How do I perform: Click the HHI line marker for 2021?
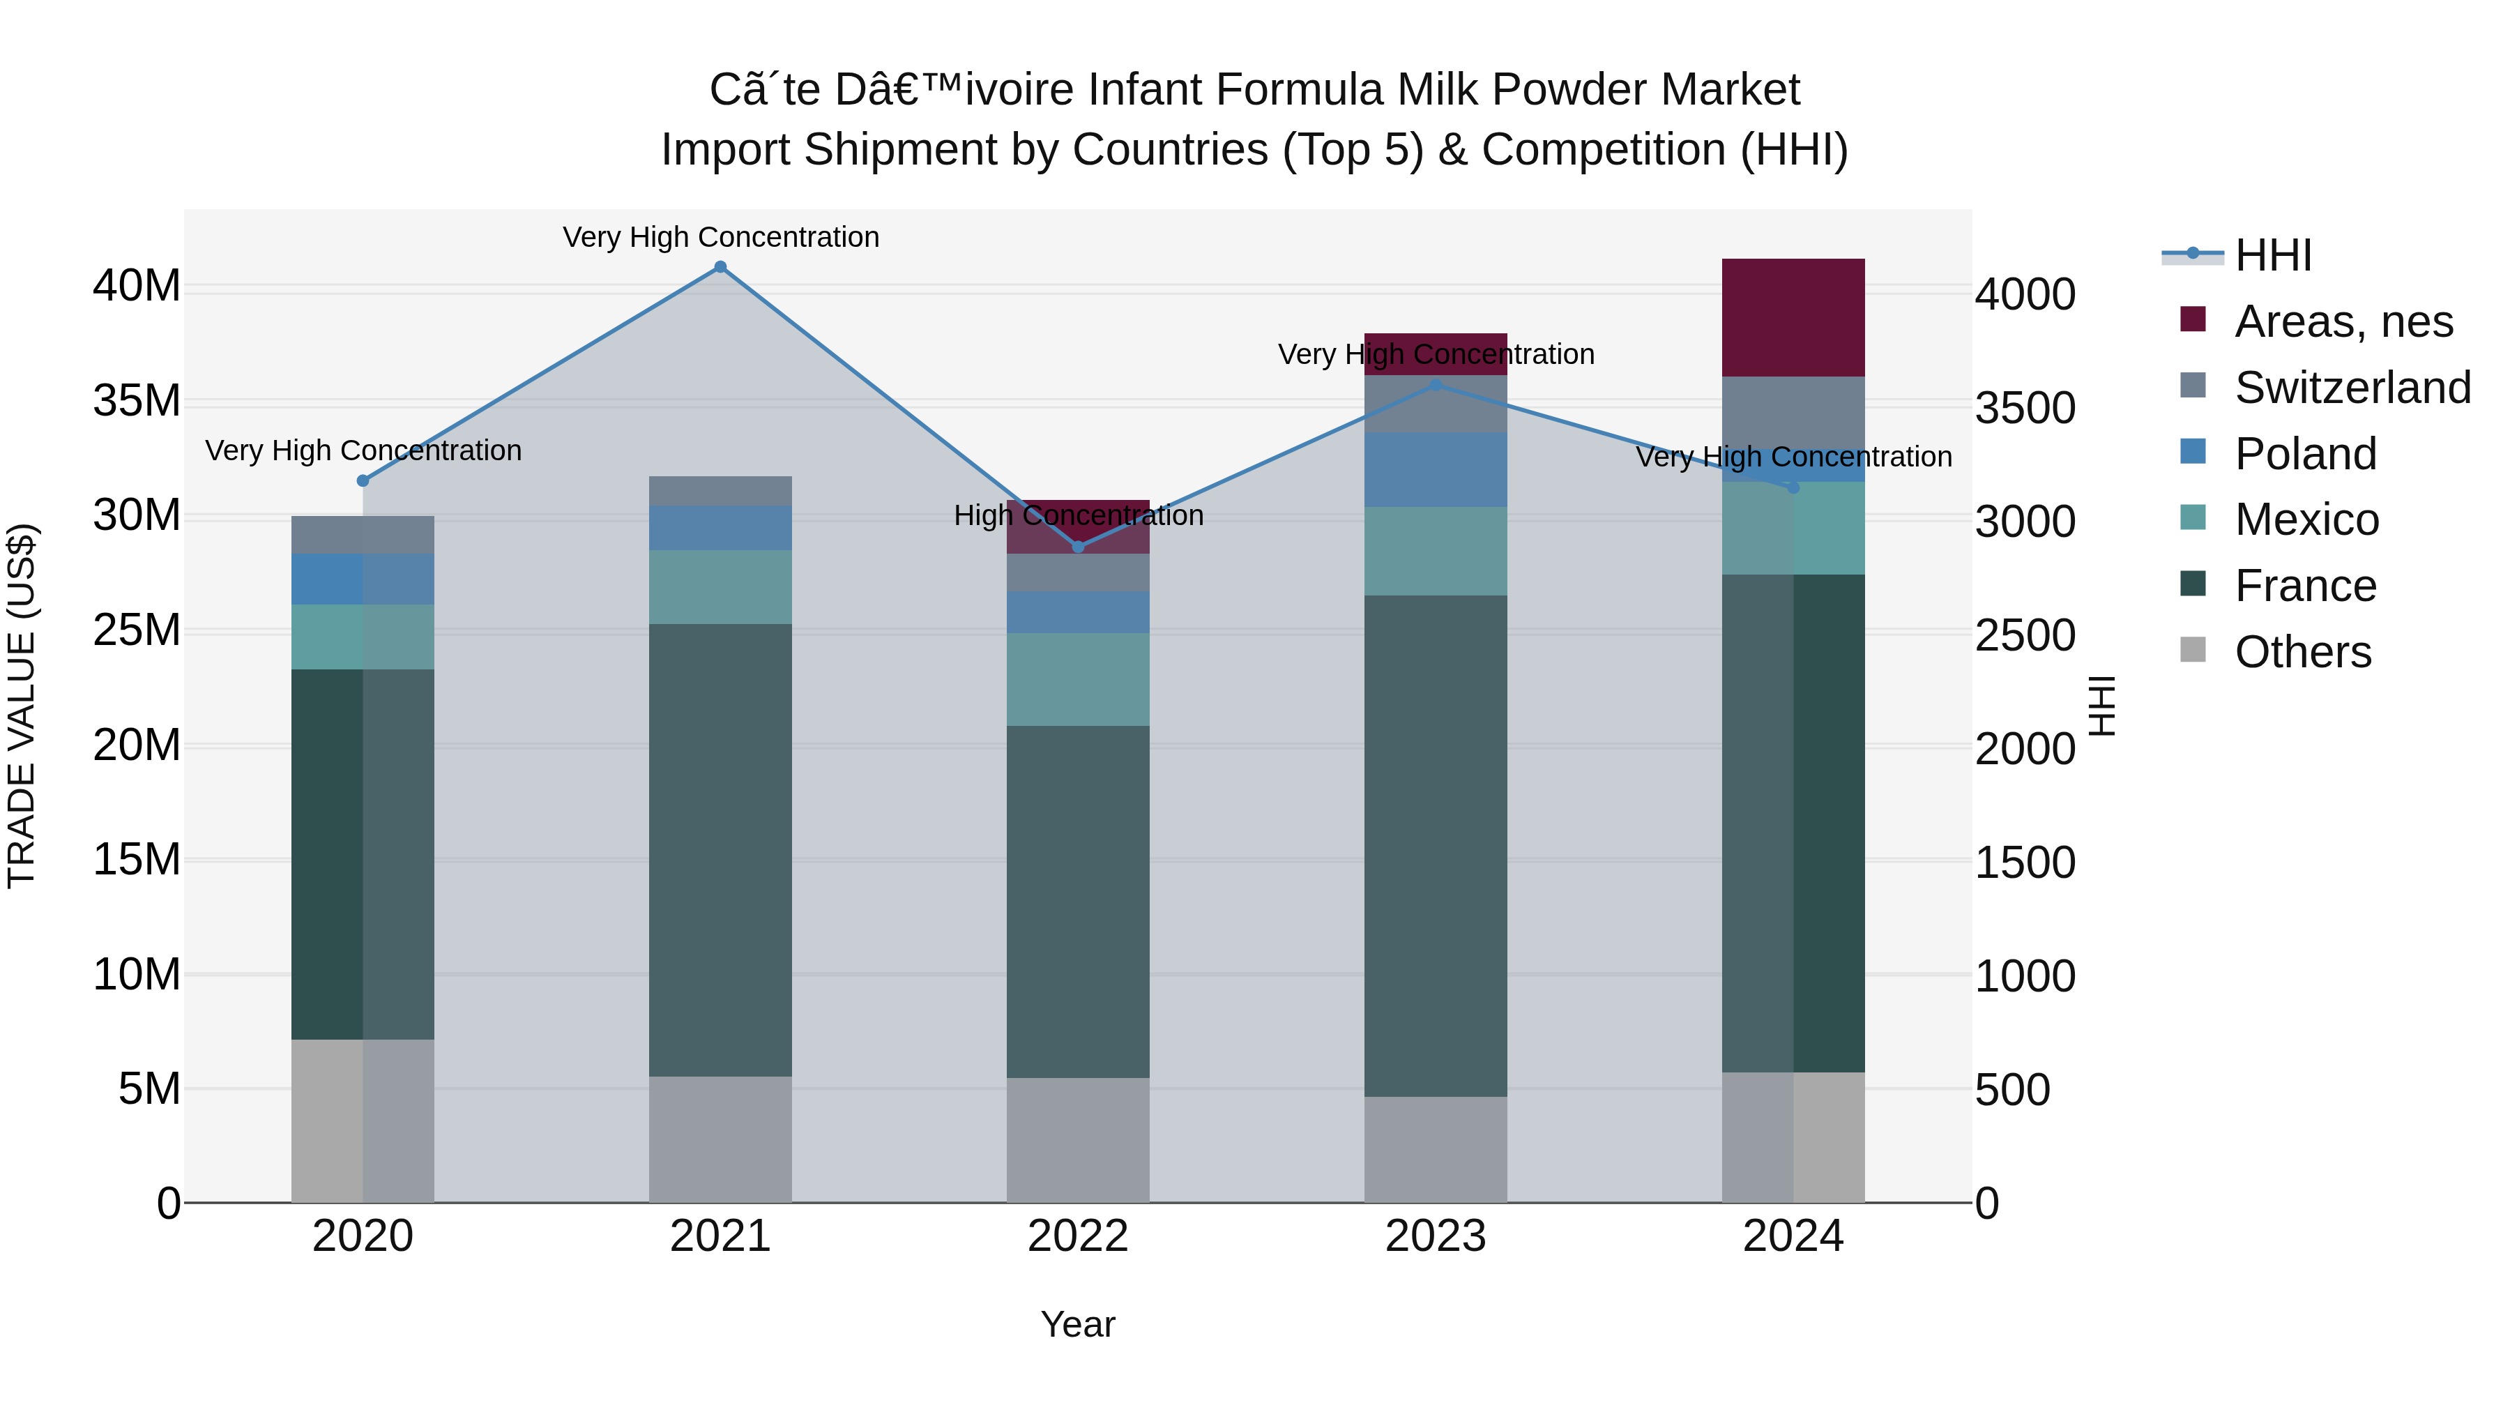720,267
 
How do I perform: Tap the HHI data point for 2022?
1078,547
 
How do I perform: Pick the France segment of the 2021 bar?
720,850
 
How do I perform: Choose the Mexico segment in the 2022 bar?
1078,679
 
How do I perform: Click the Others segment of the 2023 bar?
1436,1149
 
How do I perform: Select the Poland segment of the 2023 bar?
1436,470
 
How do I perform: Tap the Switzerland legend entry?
2352,388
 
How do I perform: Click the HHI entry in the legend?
2272,255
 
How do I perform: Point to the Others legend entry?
2302,652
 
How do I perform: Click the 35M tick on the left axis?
137,402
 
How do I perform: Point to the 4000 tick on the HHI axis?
2025,294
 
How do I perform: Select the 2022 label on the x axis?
1078,1236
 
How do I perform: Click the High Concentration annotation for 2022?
1078,515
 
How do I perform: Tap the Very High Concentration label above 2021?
720,237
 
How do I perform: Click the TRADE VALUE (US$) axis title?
22,706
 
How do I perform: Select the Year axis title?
1078,1324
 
